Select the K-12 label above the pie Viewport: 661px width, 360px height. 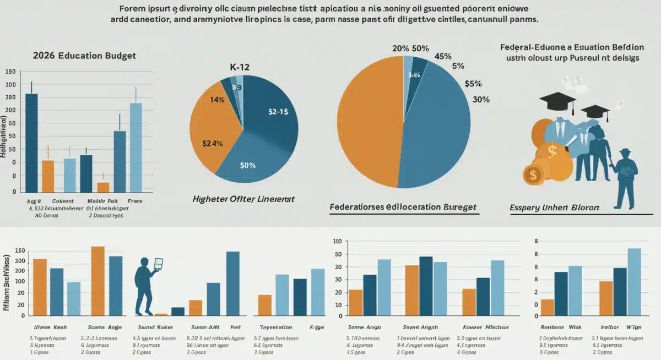[x=240, y=67]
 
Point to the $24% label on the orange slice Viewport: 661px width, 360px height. [x=212, y=144]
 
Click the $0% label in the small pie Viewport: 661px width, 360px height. [x=247, y=165]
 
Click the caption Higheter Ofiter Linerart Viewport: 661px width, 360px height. [x=243, y=198]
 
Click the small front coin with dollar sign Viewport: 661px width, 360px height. [x=533, y=174]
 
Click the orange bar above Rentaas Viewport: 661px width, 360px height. [x=547, y=308]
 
